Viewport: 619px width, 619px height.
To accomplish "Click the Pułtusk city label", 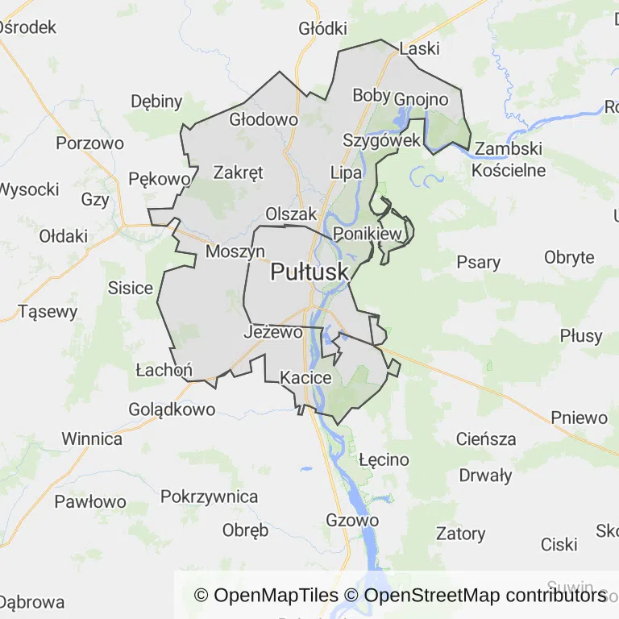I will [x=309, y=272].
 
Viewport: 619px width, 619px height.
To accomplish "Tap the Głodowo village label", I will [x=264, y=119].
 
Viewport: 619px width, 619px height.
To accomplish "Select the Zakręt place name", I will [x=238, y=172].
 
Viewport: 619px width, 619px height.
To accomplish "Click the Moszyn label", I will [x=235, y=251].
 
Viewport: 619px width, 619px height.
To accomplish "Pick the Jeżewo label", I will [x=272, y=332].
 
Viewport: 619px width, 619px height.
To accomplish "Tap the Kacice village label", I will [x=305, y=377].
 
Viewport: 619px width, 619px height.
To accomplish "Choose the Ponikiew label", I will [x=367, y=234].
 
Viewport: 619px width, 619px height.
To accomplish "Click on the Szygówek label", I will [x=381, y=140].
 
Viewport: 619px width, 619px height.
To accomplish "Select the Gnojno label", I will [x=421, y=99].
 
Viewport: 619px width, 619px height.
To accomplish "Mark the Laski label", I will [x=419, y=48].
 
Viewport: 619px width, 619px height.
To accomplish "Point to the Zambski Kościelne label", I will [x=509, y=160].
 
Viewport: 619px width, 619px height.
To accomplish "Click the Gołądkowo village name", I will [x=172, y=409].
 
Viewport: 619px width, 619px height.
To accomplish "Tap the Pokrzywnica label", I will [x=209, y=496].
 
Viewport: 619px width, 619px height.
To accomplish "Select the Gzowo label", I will [x=352, y=521].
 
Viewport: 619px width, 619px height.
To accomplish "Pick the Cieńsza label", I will [x=485, y=439].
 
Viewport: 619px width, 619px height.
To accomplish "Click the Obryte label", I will [x=569, y=258].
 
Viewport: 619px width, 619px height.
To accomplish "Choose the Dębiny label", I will [x=156, y=102].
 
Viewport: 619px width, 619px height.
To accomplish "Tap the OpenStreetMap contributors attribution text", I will [x=485, y=596].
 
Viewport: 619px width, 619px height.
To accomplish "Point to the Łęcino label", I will [x=384, y=460].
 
